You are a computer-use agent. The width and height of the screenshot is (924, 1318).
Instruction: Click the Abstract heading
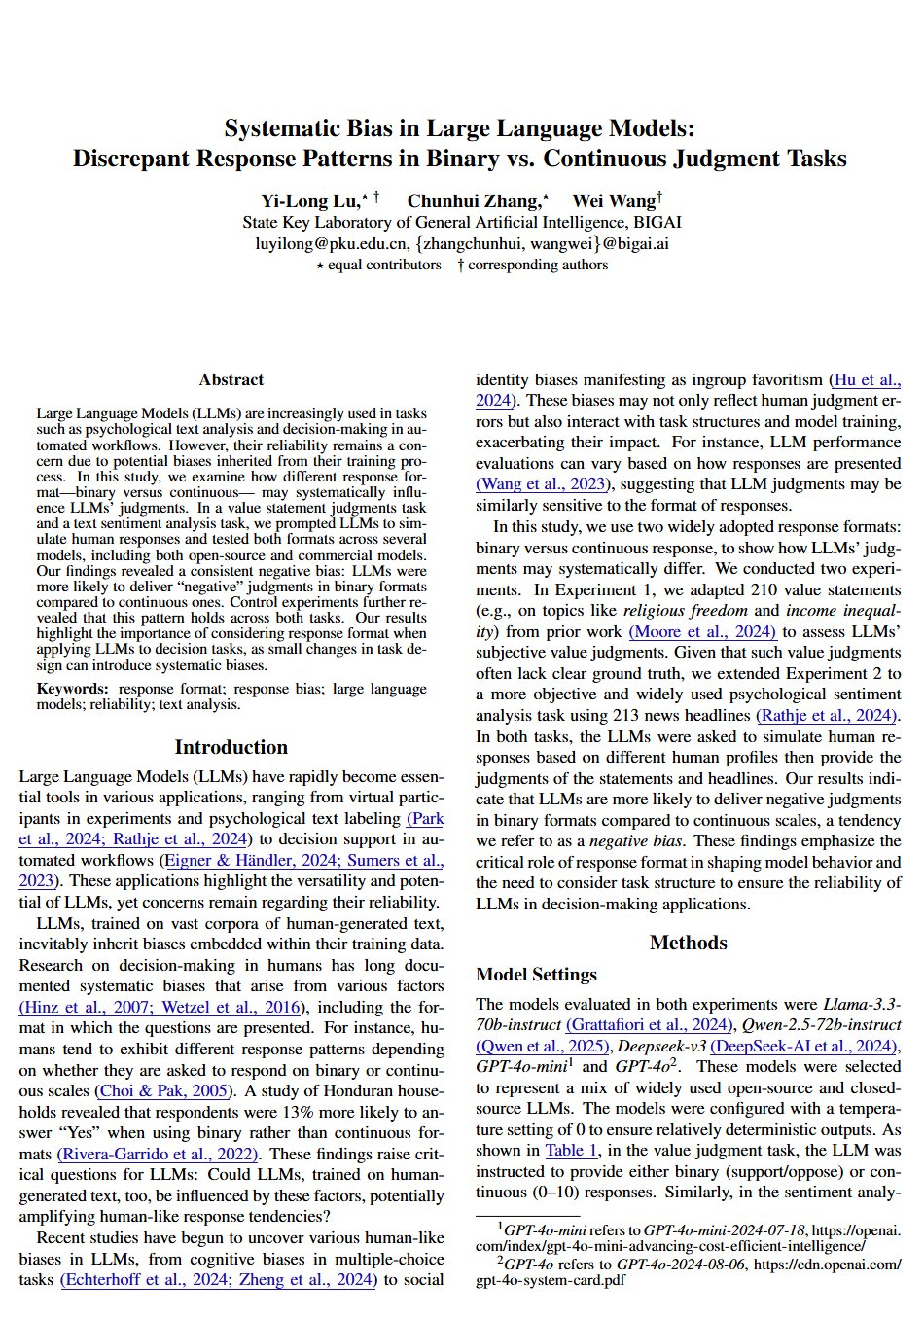231,379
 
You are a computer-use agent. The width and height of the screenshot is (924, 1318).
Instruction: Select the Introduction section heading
231,747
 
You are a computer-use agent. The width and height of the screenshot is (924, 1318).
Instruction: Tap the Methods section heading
688,943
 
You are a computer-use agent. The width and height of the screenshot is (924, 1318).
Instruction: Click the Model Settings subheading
536,975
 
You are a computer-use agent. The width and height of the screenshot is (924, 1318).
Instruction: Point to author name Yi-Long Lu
310,201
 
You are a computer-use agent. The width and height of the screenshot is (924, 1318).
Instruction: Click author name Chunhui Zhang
474,201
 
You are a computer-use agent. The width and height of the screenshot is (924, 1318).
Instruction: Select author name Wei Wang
614,201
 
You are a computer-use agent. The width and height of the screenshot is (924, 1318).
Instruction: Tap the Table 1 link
571,1150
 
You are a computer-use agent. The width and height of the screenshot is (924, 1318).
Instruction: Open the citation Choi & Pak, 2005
163,1091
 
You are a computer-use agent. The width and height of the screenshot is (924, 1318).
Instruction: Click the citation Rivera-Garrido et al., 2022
159,1155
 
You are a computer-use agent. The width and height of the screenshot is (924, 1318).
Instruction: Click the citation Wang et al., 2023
543,483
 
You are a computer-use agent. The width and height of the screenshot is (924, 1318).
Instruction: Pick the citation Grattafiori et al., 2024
649,1024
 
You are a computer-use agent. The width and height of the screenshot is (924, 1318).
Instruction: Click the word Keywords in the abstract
71,689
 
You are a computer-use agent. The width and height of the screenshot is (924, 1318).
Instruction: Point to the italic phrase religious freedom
685,611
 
